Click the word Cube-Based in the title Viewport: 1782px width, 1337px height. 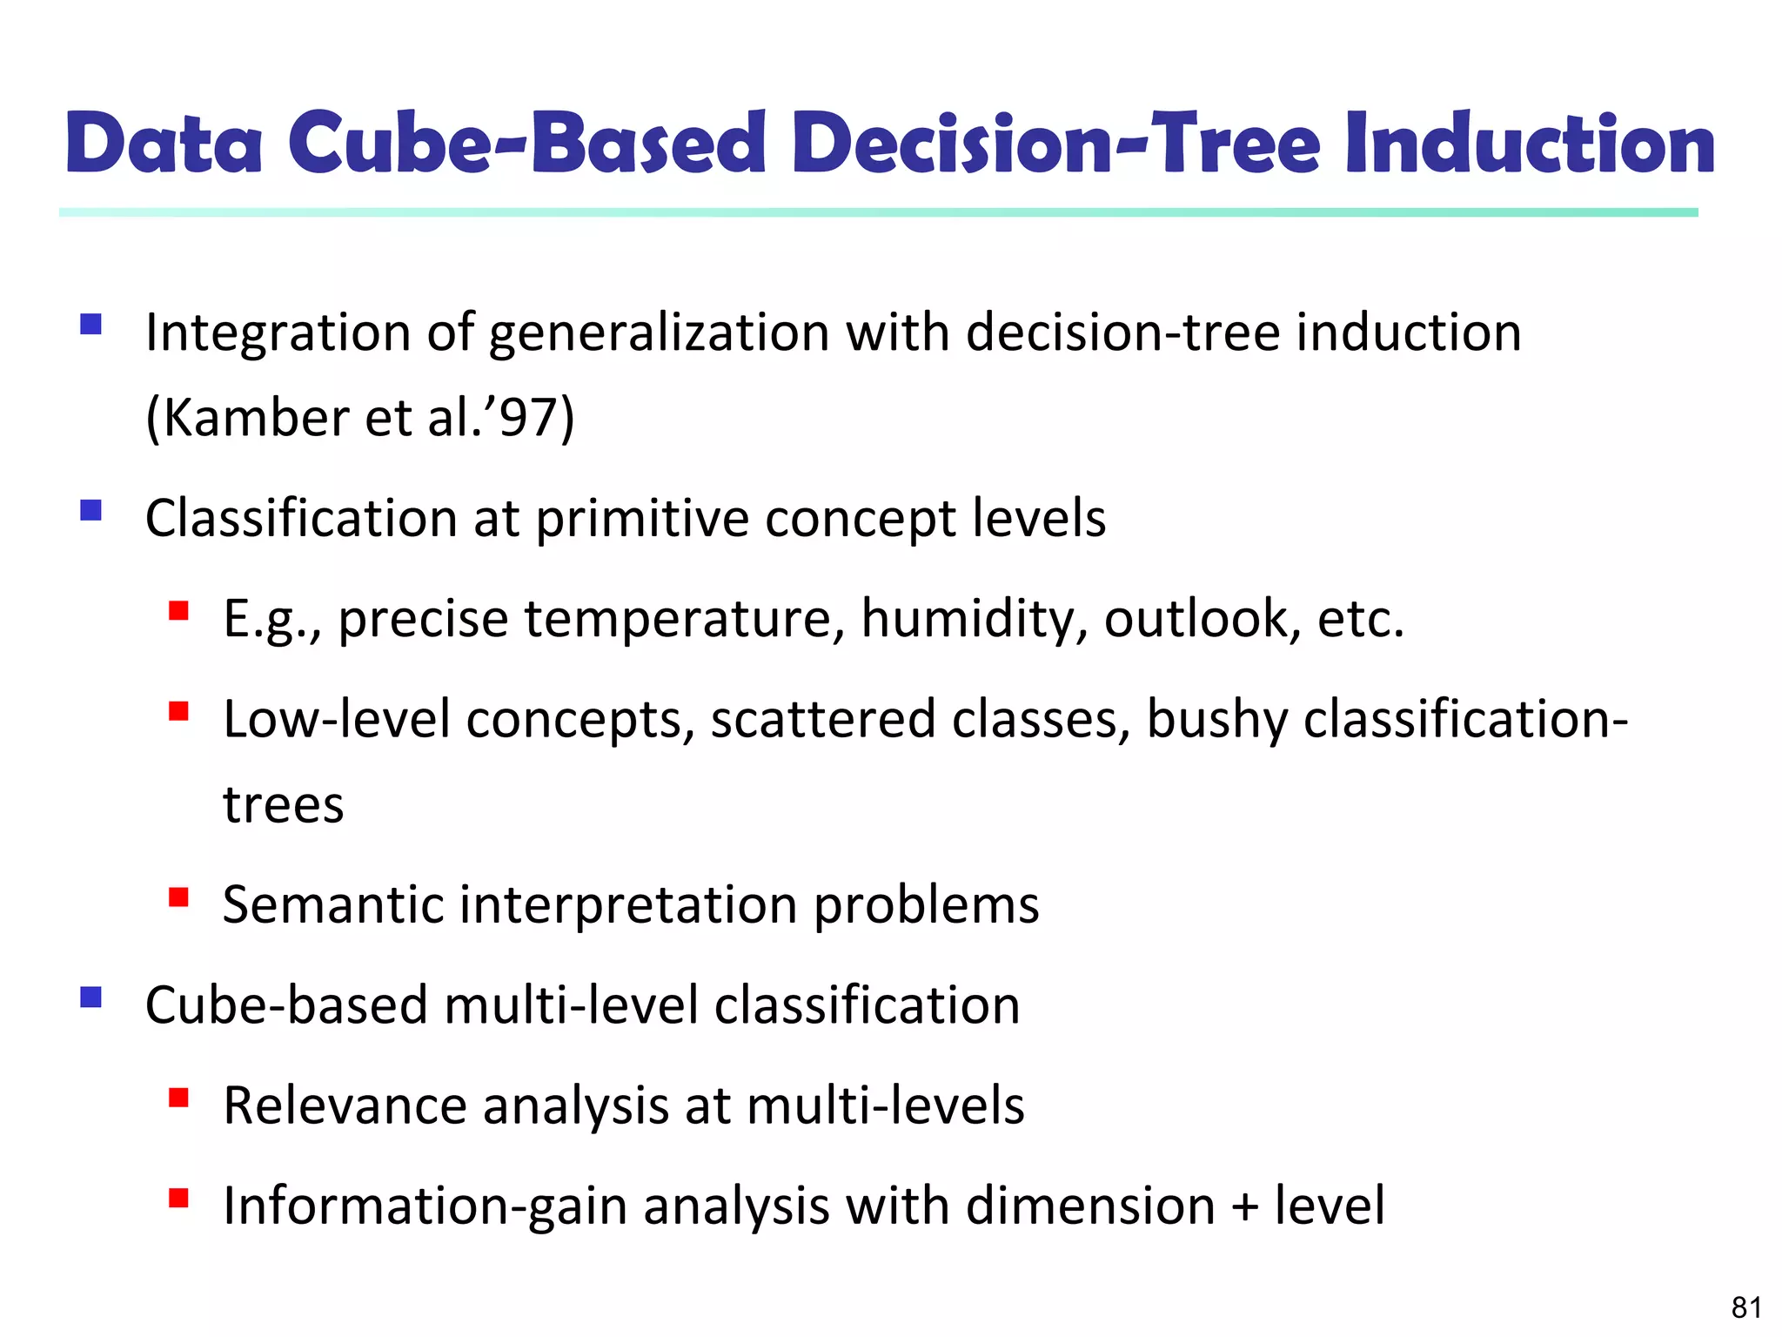[x=527, y=144]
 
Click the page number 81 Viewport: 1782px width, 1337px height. [x=1746, y=1307]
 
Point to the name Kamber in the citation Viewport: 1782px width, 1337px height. [x=256, y=418]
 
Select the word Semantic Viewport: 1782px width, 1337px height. [x=332, y=905]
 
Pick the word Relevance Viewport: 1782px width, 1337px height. [x=345, y=1106]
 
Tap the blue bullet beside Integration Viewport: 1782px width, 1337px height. [x=91, y=326]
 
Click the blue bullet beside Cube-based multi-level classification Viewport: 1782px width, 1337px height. [x=91, y=997]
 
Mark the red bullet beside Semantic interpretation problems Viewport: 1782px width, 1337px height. [x=179, y=897]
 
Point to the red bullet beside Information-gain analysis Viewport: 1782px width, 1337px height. [x=179, y=1199]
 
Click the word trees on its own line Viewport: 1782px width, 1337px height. [x=284, y=805]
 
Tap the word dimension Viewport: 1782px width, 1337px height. [x=1090, y=1206]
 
